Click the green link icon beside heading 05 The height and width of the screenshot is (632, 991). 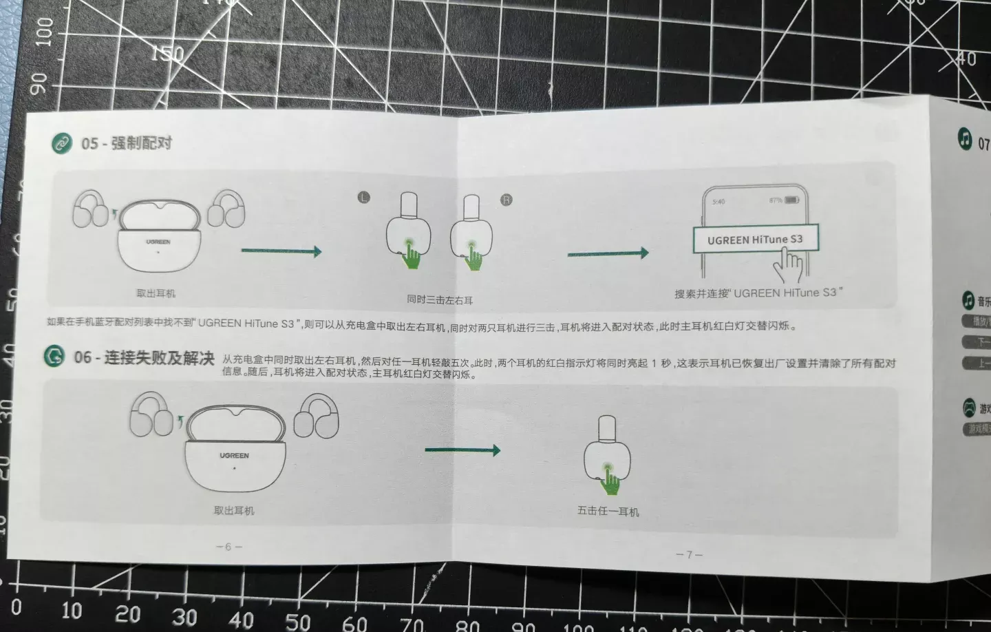click(63, 143)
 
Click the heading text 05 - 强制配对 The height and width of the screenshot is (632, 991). click(127, 143)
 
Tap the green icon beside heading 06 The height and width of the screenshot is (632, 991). click(54, 356)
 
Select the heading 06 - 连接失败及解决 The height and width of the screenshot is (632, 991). click(144, 357)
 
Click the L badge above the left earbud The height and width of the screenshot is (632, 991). click(364, 198)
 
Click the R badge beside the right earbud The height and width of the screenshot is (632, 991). click(507, 200)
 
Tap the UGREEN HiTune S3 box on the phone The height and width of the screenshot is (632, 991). click(754, 240)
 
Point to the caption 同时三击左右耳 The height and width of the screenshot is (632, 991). click(440, 300)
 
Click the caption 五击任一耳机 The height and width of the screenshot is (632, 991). click(608, 512)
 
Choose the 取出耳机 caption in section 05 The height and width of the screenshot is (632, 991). click(156, 293)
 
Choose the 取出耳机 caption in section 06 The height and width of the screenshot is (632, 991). click(234, 511)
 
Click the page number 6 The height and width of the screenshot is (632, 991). click(228, 547)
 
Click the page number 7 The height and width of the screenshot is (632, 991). click(688, 554)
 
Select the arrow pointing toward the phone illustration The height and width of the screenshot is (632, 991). click(608, 253)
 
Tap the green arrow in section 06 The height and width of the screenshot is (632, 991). click(462, 450)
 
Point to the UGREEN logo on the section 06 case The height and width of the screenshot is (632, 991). click(234, 456)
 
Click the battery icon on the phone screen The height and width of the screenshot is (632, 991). click(792, 200)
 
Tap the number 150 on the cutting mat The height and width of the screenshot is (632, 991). click(167, 53)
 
